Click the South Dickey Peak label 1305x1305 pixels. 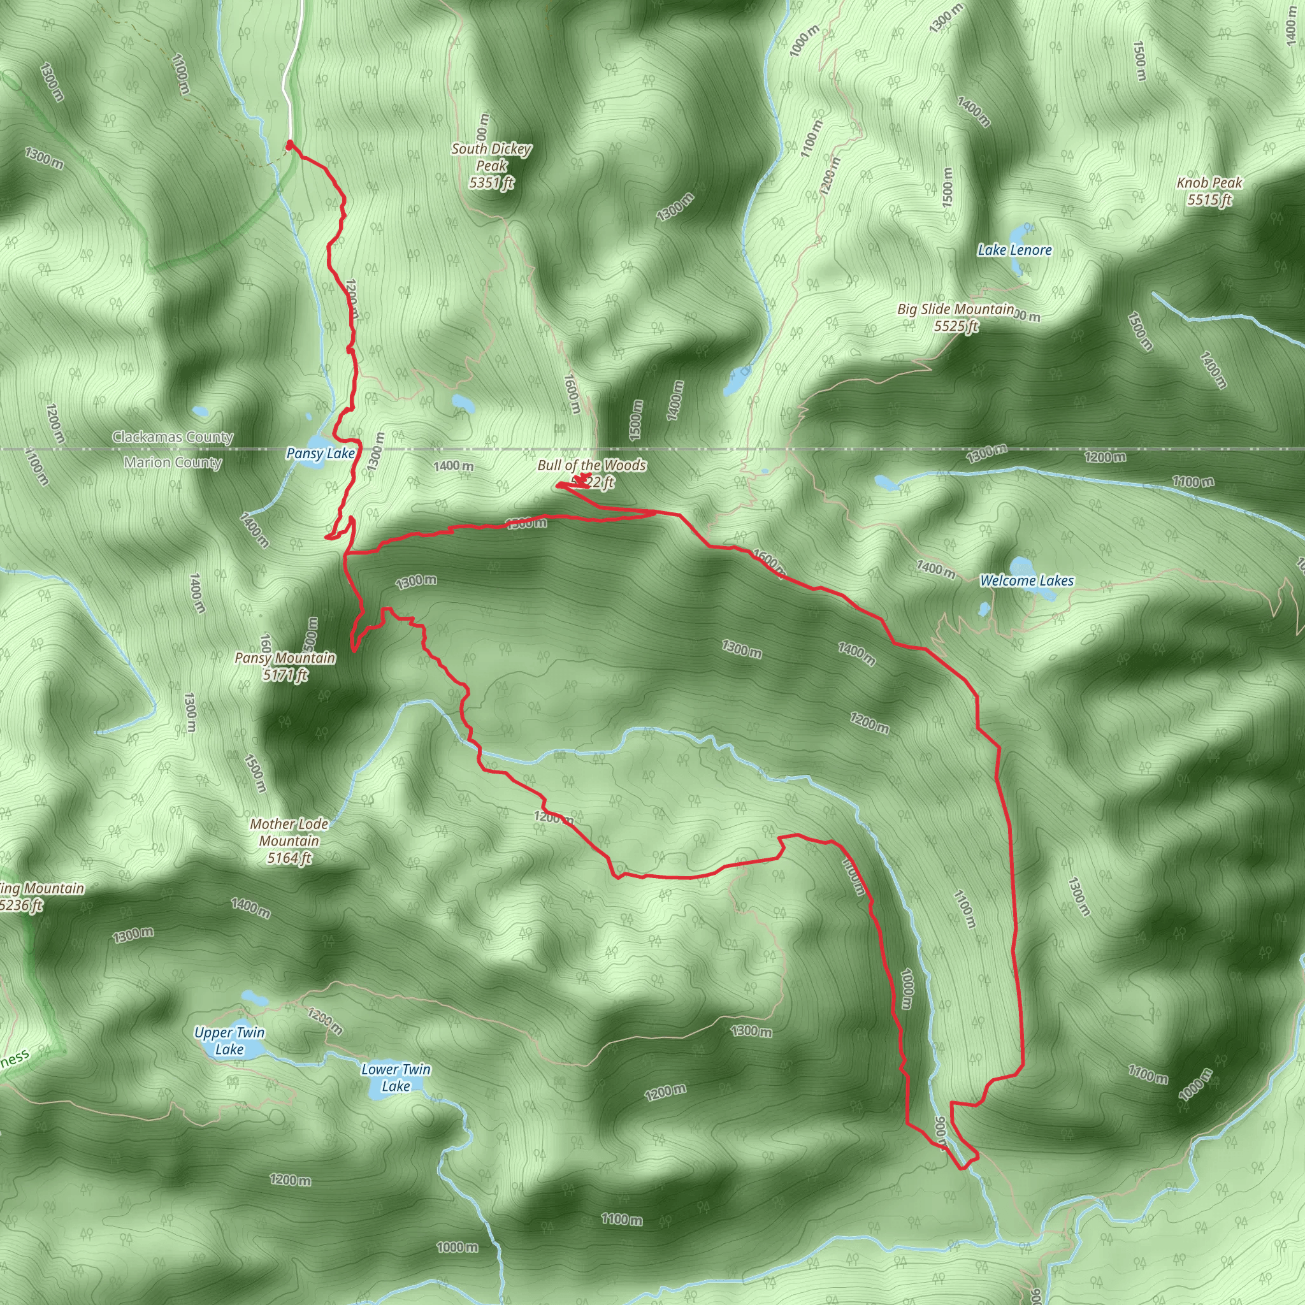pos(491,166)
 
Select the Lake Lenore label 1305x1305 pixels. pos(1014,250)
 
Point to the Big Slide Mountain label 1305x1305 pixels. pos(955,317)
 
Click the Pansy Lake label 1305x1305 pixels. pos(320,453)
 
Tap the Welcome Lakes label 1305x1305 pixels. pos(1026,580)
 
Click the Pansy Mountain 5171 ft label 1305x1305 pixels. pos(285,666)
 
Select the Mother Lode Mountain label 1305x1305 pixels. pos(289,841)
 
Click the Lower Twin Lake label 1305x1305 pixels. pos(395,1078)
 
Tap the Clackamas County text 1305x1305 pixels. pos(173,437)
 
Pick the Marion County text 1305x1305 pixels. pos(173,463)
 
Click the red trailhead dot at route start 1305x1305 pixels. pos(290,145)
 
